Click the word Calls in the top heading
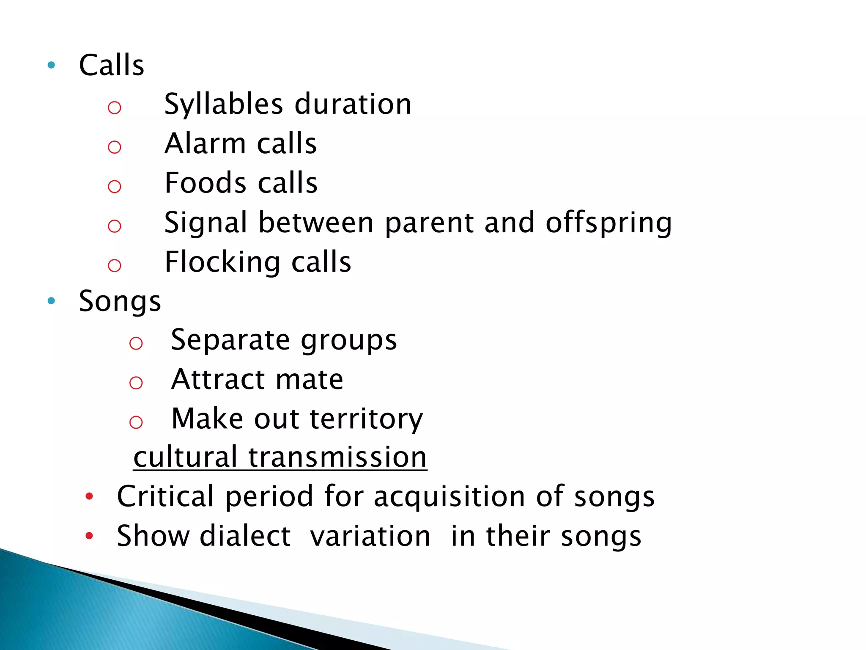[112, 66]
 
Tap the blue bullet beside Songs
[52, 301]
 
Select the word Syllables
[223, 105]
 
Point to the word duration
[353, 105]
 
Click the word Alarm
[205, 143]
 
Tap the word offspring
[608, 223]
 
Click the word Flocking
[222, 262]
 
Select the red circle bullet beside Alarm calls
[115, 147]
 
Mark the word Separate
[230, 340]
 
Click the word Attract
[217, 379]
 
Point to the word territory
[366, 419]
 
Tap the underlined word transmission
[337, 457]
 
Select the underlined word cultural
[185, 457]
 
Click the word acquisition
[449, 496]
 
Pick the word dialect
[245, 536]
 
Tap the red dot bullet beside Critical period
[89, 496]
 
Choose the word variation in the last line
[370, 536]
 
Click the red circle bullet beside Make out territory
[136, 422]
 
